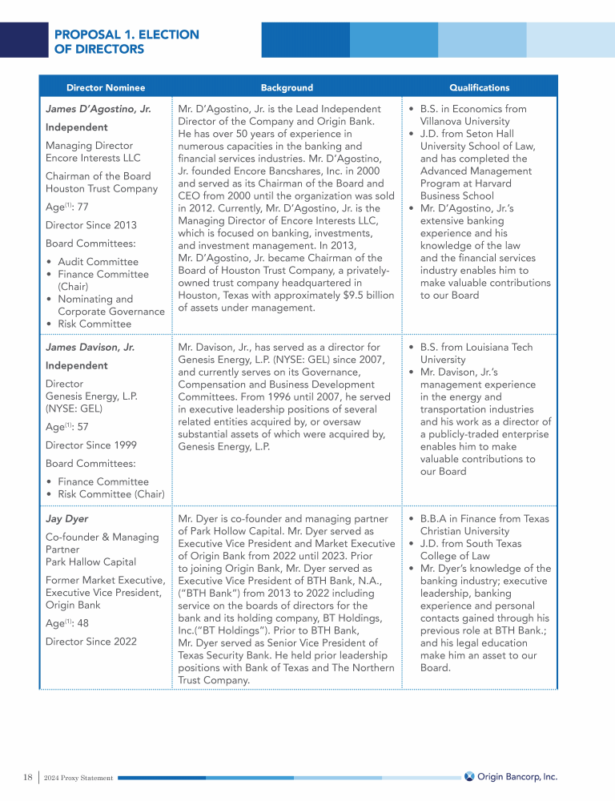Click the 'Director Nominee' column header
point(106,87)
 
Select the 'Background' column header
point(287,87)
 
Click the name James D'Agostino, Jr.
point(98,108)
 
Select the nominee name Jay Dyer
point(67,518)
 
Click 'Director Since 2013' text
point(90,225)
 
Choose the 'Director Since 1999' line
point(90,445)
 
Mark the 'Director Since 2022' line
point(90,641)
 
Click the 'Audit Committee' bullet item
point(98,262)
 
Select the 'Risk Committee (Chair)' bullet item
point(111,493)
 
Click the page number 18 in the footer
point(27,776)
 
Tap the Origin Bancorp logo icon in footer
point(469,775)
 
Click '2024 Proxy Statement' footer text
point(79,777)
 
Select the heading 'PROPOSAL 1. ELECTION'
point(126,34)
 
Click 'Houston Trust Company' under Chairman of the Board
point(102,188)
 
